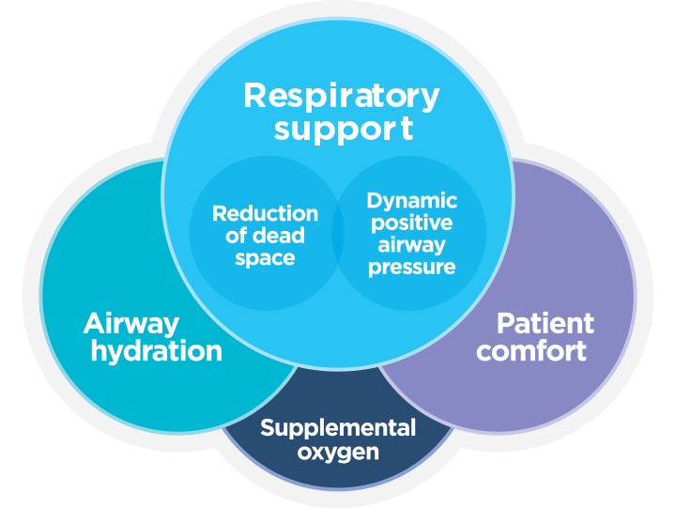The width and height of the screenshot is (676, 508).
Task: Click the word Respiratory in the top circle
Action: tap(341, 96)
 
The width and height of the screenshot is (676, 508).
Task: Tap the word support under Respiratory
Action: tap(343, 129)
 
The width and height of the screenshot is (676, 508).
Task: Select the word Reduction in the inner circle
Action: tap(265, 213)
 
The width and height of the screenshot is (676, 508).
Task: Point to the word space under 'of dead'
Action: tap(265, 258)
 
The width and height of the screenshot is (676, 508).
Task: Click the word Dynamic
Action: tap(412, 201)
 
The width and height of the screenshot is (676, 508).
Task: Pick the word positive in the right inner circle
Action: tap(412, 223)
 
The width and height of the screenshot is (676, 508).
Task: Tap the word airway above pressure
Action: tap(412, 245)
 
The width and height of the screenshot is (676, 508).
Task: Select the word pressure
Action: tap(412, 268)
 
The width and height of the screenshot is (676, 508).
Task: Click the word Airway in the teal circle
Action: tap(131, 324)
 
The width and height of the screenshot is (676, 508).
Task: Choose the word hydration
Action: tap(152, 352)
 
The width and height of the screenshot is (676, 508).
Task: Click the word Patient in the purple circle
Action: tap(545, 324)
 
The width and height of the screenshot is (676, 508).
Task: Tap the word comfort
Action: tap(531, 352)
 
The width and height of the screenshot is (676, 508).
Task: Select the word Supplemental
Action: tap(338, 429)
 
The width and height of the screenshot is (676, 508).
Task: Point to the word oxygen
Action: tap(338, 453)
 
